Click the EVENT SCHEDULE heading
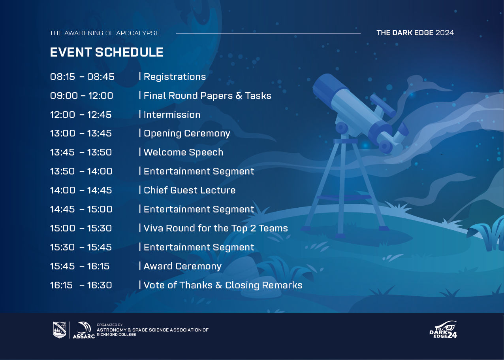[x=107, y=52]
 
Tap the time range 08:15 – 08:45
[x=82, y=77]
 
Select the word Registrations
[x=175, y=77]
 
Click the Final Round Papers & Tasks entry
[x=207, y=96]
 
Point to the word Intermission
[x=172, y=114]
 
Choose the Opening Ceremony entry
[x=187, y=133]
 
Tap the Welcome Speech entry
[x=183, y=152]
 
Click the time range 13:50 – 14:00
[x=81, y=171]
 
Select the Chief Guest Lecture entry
[x=190, y=190]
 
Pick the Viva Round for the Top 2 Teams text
[x=216, y=228]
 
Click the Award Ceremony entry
[x=182, y=266]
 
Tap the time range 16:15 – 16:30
[x=81, y=285]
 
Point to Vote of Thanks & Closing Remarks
[x=223, y=285]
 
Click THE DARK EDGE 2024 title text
[x=415, y=33]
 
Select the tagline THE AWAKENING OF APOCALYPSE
[x=105, y=33]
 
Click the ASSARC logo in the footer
[x=84, y=330]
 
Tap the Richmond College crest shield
[x=60, y=330]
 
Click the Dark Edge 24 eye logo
[x=443, y=330]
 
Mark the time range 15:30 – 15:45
[x=81, y=247]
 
